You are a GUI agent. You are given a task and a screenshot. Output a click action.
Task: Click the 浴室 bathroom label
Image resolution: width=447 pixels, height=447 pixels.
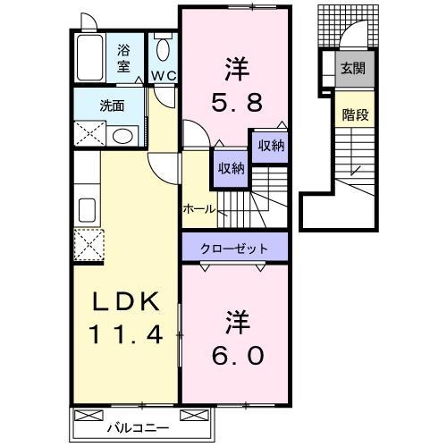(x=123, y=58)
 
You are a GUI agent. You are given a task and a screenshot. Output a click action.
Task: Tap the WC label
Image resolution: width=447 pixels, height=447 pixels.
(x=162, y=74)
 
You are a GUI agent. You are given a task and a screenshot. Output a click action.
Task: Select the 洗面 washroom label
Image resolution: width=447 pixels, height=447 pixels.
(x=112, y=105)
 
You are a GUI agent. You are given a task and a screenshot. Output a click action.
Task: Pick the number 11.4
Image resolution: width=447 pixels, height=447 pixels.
(x=125, y=337)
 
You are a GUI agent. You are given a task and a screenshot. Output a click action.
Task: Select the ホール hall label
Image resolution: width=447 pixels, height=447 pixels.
(x=198, y=208)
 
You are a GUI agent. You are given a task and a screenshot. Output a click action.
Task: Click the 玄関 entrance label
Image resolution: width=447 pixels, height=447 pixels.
(x=352, y=68)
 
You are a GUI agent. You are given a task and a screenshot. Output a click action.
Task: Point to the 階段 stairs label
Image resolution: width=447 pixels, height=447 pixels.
(x=354, y=114)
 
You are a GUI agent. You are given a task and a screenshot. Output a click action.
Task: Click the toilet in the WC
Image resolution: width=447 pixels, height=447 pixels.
(x=162, y=49)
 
